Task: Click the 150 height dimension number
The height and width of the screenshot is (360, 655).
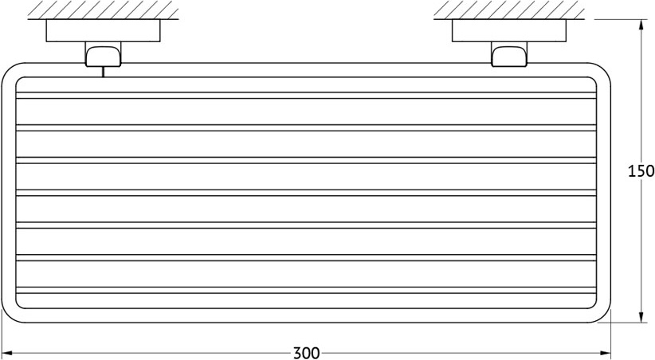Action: pos(641,170)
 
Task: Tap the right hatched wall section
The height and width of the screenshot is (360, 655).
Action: pos(510,10)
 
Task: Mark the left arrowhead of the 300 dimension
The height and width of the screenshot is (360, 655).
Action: pos(6,352)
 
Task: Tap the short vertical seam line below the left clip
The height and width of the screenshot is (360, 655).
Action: pos(103,72)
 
